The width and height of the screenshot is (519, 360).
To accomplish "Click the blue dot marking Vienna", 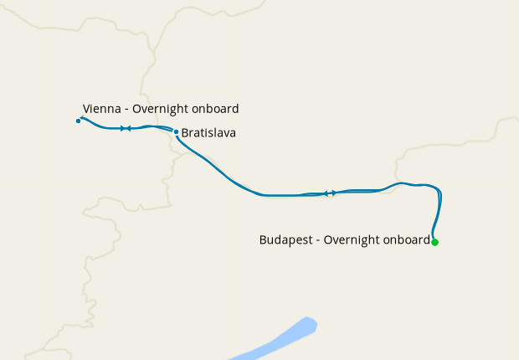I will coord(78,121).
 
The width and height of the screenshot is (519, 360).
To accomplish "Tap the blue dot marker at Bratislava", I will coord(176,131).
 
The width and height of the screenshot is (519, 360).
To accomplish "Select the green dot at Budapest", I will coord(434,242).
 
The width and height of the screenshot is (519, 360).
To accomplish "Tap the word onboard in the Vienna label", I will coord(218,109).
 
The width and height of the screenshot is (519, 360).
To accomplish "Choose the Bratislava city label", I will coord(208,132).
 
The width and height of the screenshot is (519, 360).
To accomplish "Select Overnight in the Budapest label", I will coord(355,240).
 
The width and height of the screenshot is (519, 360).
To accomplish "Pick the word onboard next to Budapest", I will coord(408,240).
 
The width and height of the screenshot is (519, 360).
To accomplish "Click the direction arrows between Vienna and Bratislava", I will coord(126,128).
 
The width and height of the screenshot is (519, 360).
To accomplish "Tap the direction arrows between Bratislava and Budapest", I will coord(330,193).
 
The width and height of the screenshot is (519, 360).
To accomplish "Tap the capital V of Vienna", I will coord(87,109).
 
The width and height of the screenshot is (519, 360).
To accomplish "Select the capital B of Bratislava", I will coord(185,132).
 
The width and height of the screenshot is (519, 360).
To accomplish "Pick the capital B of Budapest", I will coord(264,240).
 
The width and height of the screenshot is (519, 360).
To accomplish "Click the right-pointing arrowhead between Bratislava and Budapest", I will coord(333,193).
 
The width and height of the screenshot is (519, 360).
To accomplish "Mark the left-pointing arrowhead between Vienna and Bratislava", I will coord(129,128).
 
